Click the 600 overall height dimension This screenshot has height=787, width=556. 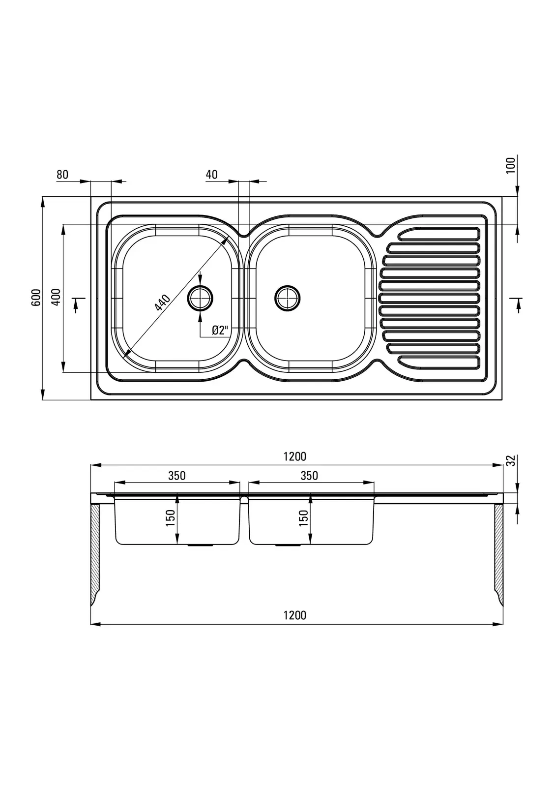(35, 298)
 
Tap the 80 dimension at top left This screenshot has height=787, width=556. (62, 175)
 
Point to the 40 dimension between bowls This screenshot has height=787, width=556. (211, 175)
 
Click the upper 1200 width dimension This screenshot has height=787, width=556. (295, 456)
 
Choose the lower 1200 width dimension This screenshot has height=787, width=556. (295, 615)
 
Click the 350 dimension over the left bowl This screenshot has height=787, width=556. (177, 476)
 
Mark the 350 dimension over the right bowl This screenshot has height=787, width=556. (309, 476)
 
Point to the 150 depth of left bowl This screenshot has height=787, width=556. (171, 518)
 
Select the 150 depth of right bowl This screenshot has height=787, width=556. (303, 518)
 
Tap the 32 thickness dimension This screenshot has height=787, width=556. (511, 461)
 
